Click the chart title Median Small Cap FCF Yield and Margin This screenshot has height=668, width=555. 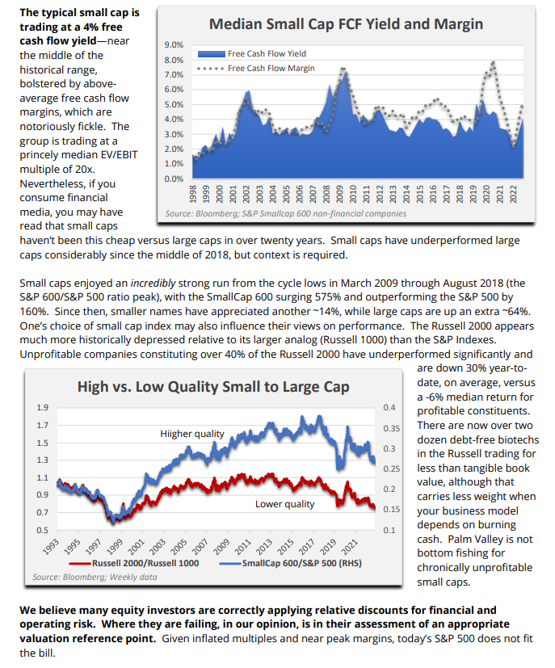tap(346, 24)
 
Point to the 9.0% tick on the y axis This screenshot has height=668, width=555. tap(174, 45)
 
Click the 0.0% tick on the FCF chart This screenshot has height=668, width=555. tap(174, 178)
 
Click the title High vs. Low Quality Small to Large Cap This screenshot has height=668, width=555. tap(213, 387)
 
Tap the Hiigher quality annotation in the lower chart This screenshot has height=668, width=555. tap(192, 434)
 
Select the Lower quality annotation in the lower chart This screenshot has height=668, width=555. tap(284, 505)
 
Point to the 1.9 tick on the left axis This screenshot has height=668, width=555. tap(42, 407)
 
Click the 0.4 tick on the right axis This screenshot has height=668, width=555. tap(390, 407)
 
